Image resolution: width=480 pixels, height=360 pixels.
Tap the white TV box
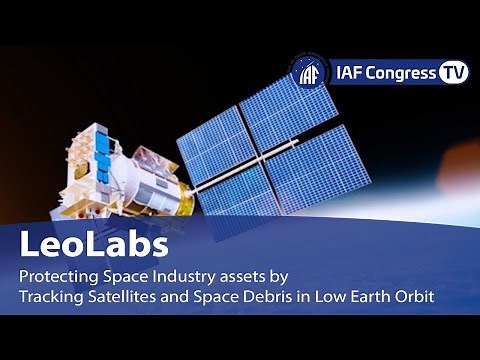coord(454,74)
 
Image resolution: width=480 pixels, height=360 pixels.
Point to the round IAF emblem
coord(311,74)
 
